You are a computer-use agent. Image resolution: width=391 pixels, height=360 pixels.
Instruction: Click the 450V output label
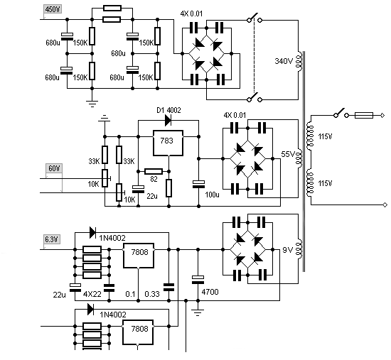click(53, 9)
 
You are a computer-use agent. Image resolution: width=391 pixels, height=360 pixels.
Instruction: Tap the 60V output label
click(54, 169)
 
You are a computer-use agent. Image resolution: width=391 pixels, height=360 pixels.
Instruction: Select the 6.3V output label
click(52, 239)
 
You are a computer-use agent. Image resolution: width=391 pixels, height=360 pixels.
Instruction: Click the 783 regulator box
click(168, 143)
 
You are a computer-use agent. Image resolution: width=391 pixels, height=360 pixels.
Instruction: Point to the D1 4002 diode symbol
click(168, 121)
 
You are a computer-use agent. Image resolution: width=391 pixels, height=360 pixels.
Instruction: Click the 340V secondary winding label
click(284, 61)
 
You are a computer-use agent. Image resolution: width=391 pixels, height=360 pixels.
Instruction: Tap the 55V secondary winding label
click(288, 154)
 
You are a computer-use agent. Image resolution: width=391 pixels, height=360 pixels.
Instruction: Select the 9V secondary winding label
click(287, 250)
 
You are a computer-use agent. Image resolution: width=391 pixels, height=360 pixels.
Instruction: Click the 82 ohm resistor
click(154, 171)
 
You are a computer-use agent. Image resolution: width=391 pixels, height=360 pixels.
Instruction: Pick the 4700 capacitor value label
click(210, 292)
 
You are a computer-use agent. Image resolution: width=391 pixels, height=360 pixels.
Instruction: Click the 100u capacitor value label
click(213, 195)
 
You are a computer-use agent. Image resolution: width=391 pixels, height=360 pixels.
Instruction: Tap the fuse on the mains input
click(364, 115)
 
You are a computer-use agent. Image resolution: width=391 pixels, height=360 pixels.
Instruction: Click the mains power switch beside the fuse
click(341, 114)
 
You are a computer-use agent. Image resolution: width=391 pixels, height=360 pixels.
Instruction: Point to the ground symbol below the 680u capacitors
click(92, 104)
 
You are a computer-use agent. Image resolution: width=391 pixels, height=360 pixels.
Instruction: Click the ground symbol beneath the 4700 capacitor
click(198, 312)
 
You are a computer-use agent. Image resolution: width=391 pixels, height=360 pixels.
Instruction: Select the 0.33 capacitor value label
click(152, 294)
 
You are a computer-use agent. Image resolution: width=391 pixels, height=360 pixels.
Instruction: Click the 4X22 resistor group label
click(92, 294)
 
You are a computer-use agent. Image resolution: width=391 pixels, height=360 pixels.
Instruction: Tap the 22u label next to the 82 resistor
click(152, 196)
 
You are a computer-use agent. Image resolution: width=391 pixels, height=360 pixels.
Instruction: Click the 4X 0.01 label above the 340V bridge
click(191, 13)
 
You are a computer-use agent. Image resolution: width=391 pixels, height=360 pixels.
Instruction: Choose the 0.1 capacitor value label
click(130, 294)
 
